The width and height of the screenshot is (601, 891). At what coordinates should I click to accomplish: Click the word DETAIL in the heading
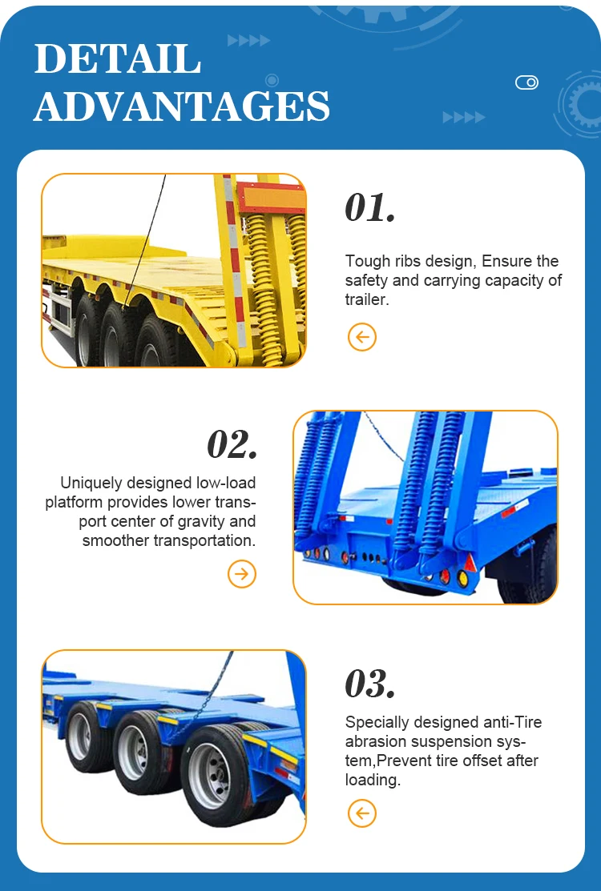coord(118,59)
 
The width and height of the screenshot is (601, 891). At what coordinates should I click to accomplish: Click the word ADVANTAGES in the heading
coord(182,106)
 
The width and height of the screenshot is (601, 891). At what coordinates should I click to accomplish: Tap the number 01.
coord(370,207)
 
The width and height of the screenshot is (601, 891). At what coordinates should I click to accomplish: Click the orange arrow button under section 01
coord(362,337)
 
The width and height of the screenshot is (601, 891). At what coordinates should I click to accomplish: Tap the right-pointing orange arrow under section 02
coord(242,573)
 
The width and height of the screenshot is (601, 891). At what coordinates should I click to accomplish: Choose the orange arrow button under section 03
coord(362,814)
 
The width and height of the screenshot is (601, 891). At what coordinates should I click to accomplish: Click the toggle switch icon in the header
coord(526,82)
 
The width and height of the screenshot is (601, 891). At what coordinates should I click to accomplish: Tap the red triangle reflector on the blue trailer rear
coord(470,564)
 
